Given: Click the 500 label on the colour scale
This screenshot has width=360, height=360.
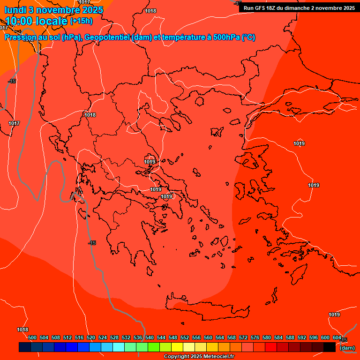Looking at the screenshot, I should (32, 337).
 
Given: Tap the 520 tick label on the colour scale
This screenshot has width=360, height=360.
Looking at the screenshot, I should (91, 337).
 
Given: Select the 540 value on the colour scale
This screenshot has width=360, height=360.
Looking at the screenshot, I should (150, 337).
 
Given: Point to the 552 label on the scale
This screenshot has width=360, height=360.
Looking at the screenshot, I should (185, 337).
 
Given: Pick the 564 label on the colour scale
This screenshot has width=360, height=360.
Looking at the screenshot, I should (220, 337).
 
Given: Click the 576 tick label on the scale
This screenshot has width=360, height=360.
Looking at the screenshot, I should (255, 337).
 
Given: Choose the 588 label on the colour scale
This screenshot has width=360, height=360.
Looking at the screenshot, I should (290, 337).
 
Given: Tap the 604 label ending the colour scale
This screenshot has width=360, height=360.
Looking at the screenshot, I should (337, 337).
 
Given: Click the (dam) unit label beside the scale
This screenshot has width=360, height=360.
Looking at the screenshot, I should (347, 348).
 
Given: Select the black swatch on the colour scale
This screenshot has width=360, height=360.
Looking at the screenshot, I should (330, 347).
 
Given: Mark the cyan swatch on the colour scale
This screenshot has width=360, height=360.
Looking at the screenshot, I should (119, 347).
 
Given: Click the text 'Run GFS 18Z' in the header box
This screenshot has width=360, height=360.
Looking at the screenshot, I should (259, 8).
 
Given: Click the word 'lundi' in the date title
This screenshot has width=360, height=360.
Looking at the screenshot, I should (16, 9).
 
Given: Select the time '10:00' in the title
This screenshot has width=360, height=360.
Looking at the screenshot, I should (19, 21).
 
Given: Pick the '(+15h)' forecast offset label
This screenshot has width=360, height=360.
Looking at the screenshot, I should (81, 21).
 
